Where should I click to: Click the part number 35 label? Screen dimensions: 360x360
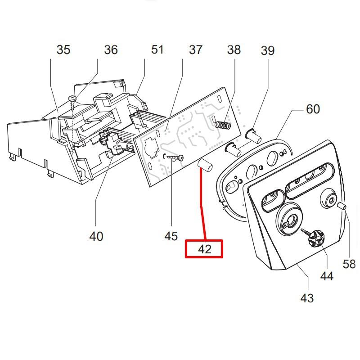tap(63, 49)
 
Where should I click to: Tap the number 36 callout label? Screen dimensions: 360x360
tap(111, 49)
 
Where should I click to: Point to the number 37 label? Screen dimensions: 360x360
tap(196, 50)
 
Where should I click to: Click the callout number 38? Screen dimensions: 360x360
tap(234, 50)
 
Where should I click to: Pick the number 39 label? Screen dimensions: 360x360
tap(268, 51)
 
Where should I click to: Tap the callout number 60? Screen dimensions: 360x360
tap(313, 109)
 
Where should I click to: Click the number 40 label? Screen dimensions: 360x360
tap(96, 236)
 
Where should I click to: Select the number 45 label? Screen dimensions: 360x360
tap(171, 236)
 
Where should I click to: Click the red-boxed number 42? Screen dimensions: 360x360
tap(204, 249)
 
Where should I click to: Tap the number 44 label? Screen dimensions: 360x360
tap(327, 276)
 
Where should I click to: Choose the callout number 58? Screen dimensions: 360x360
tap(349, 264)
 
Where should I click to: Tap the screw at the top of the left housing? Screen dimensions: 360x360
tap(72, 99)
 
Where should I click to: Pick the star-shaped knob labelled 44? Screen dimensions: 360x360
tap(315, 237)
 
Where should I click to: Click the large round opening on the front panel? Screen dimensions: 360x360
tap(288, 220)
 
